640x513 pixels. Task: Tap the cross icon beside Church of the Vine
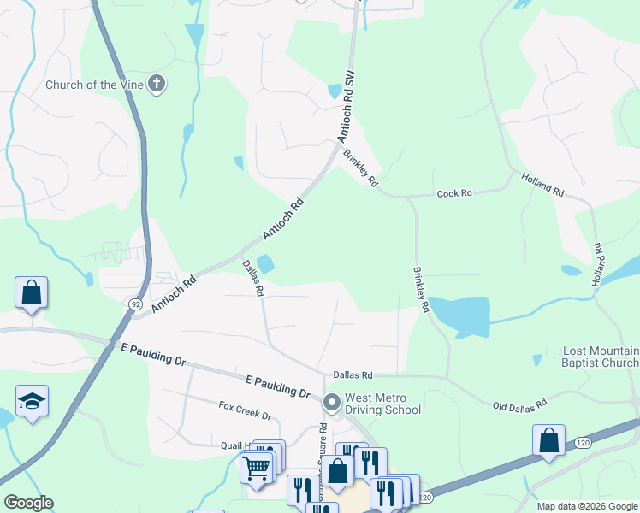157,84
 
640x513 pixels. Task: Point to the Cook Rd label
454,194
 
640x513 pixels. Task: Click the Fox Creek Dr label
245,410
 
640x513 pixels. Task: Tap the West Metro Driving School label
382,404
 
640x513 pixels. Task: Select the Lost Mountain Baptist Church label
601,357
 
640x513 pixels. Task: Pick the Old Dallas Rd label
519,403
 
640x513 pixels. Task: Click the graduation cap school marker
32,401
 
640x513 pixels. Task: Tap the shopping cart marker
256,468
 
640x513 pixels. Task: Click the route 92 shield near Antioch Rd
136,304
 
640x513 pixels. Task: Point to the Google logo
28,503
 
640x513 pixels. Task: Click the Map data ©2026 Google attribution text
587,506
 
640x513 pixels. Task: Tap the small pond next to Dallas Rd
265,265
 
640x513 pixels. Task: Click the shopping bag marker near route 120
548,440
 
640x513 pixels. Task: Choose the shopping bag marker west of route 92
31,292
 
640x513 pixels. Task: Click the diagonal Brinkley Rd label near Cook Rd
360,168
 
